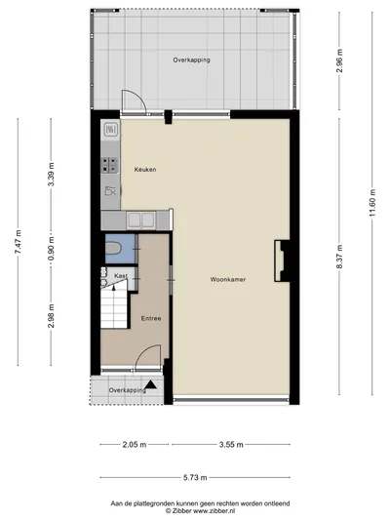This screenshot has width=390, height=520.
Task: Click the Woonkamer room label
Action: [x=228, y=280]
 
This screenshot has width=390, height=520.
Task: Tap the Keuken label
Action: [x=145, y=170]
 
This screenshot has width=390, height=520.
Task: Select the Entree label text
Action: [x=151, y=318]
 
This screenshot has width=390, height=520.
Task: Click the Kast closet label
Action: [x=121, y=275]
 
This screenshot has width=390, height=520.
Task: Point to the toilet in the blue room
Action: [x=112, y=249]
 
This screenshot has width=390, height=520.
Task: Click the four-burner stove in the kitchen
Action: [x=109, y=165]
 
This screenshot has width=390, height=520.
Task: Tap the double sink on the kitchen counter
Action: [x=141, y=220]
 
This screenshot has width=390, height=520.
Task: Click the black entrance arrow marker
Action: [x=151, y=384]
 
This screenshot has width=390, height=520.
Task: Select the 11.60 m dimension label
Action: [x=372, y=202]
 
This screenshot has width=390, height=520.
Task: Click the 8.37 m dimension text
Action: [x=339, y=257]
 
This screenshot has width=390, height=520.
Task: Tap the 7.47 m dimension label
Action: [x=18, y=242]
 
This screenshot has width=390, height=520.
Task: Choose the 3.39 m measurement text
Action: [x=51, y=175]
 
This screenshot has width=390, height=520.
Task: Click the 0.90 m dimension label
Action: [x=51, y=249]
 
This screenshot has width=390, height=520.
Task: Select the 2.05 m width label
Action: [x=135, y=444]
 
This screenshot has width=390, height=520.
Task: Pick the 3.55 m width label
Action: [x=231, y=444]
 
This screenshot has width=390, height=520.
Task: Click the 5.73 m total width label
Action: [x=195, y=477]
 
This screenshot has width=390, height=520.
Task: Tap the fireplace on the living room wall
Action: [x=282, y=261]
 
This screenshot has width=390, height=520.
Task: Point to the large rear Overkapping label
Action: [x=191, y=60]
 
